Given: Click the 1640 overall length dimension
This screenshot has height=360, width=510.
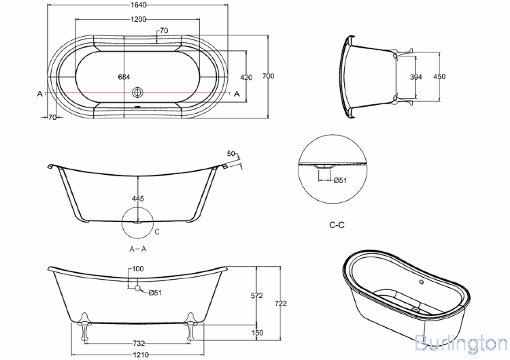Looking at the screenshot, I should (138, 5).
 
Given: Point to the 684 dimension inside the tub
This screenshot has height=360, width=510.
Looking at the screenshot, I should (124, 77).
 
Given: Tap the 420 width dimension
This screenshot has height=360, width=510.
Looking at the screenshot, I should (246, 77).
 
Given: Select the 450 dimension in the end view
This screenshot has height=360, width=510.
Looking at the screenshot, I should (439, 77).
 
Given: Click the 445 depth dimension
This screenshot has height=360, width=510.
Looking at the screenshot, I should (138, 198).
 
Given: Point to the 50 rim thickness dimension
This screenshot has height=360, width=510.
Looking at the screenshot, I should (231, 154).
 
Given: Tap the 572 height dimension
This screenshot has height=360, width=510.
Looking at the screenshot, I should (257, 297).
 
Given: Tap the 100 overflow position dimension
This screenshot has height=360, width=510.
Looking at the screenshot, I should (138, 269).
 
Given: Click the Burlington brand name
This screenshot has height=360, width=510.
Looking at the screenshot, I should (460, 342).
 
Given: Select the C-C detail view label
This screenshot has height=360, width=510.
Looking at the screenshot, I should (337, 225).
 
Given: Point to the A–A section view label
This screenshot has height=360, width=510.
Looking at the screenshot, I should (138, 248).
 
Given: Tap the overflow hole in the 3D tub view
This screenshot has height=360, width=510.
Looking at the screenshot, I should (421, 280).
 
